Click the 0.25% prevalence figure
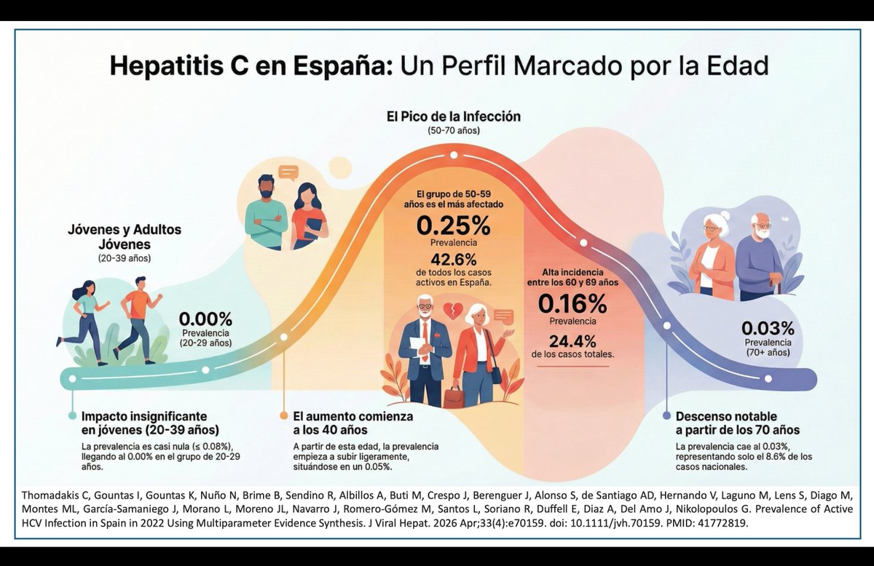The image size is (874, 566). [453, 226]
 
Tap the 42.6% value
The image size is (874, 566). [453, 260]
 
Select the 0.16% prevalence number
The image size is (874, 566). [572, 303]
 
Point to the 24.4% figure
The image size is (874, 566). [572, 340]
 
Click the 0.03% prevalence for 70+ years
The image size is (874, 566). [768, 328]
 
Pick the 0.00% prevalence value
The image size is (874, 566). [205, 319]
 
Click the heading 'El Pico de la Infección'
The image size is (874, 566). [453, 116]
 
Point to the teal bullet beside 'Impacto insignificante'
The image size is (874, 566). [72, 415]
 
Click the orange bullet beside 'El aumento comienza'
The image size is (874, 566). [284, 415]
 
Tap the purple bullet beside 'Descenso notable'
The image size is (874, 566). [666, 415]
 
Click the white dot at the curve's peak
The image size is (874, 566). [453, 155]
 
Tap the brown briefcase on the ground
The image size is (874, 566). [454, 397]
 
